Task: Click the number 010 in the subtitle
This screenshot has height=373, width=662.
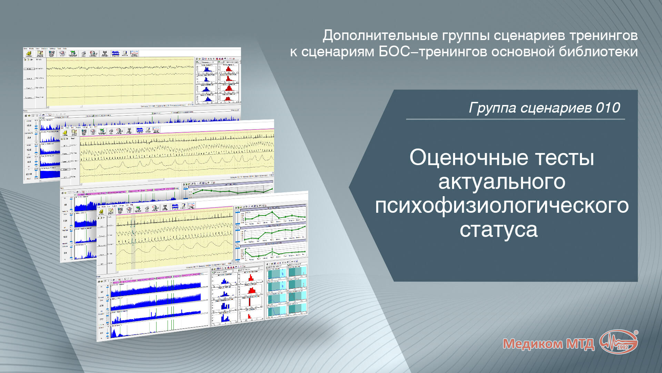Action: tap(608, 108)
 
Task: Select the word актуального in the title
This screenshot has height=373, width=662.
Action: tap(502, 182)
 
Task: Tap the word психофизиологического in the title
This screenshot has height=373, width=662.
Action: tap(502, 206)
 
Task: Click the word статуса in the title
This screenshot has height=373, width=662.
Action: tap(498, 230)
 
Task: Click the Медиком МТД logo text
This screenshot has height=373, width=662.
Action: tap(548, 344)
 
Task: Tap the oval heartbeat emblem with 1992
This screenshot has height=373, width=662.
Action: tap(619, 342)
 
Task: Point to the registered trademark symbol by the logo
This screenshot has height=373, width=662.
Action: tap(636, 333)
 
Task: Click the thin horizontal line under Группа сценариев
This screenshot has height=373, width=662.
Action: tap(515, 119)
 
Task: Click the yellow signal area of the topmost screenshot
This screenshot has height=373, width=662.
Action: tap(121, 81)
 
